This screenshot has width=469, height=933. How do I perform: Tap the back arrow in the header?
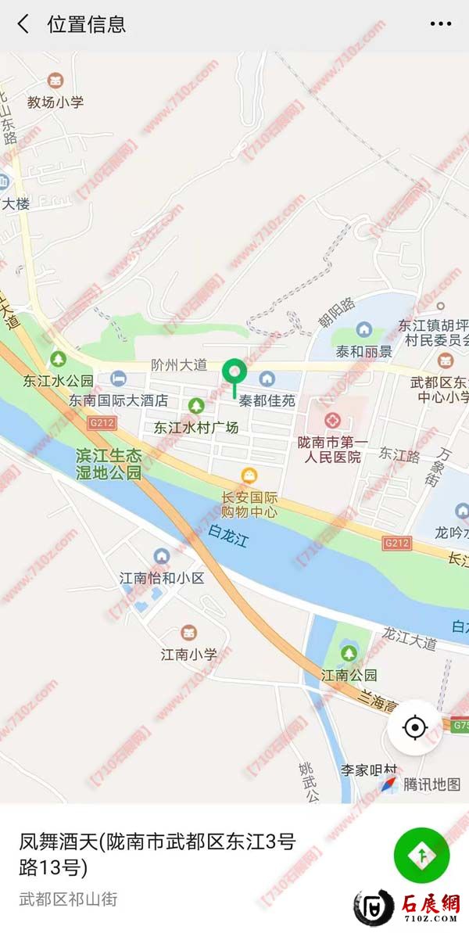click(x=23, y=24)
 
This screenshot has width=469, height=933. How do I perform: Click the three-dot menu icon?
click(x=440, y=24)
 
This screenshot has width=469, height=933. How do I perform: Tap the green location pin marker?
click(x=234, y=373)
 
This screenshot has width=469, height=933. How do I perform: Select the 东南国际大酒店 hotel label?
click(x=118, y=400)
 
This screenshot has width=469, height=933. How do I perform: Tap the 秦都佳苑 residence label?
click(x=267, y=400)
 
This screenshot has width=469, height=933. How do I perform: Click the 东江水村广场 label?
click(x=195, y=428)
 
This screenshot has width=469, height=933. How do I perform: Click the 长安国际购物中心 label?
click(x=249, y=505)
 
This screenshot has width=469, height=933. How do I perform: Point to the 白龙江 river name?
click(x=227, y=536)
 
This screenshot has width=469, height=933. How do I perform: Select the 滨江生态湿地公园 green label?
click(x=109, y=464)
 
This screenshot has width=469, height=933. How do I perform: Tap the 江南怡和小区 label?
click(x=161, y=578)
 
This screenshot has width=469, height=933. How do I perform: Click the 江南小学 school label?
click(x=188, y=654)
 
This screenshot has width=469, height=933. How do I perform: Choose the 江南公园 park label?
click(x=349, y=674)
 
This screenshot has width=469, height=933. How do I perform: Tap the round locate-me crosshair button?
click(x=414, y=727)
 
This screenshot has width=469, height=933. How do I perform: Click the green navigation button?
click(x=421, y=856)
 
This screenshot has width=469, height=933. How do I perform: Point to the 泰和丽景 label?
click(x=363, y=351)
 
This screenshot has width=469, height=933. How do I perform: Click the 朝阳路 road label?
click(x=336, y=309)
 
